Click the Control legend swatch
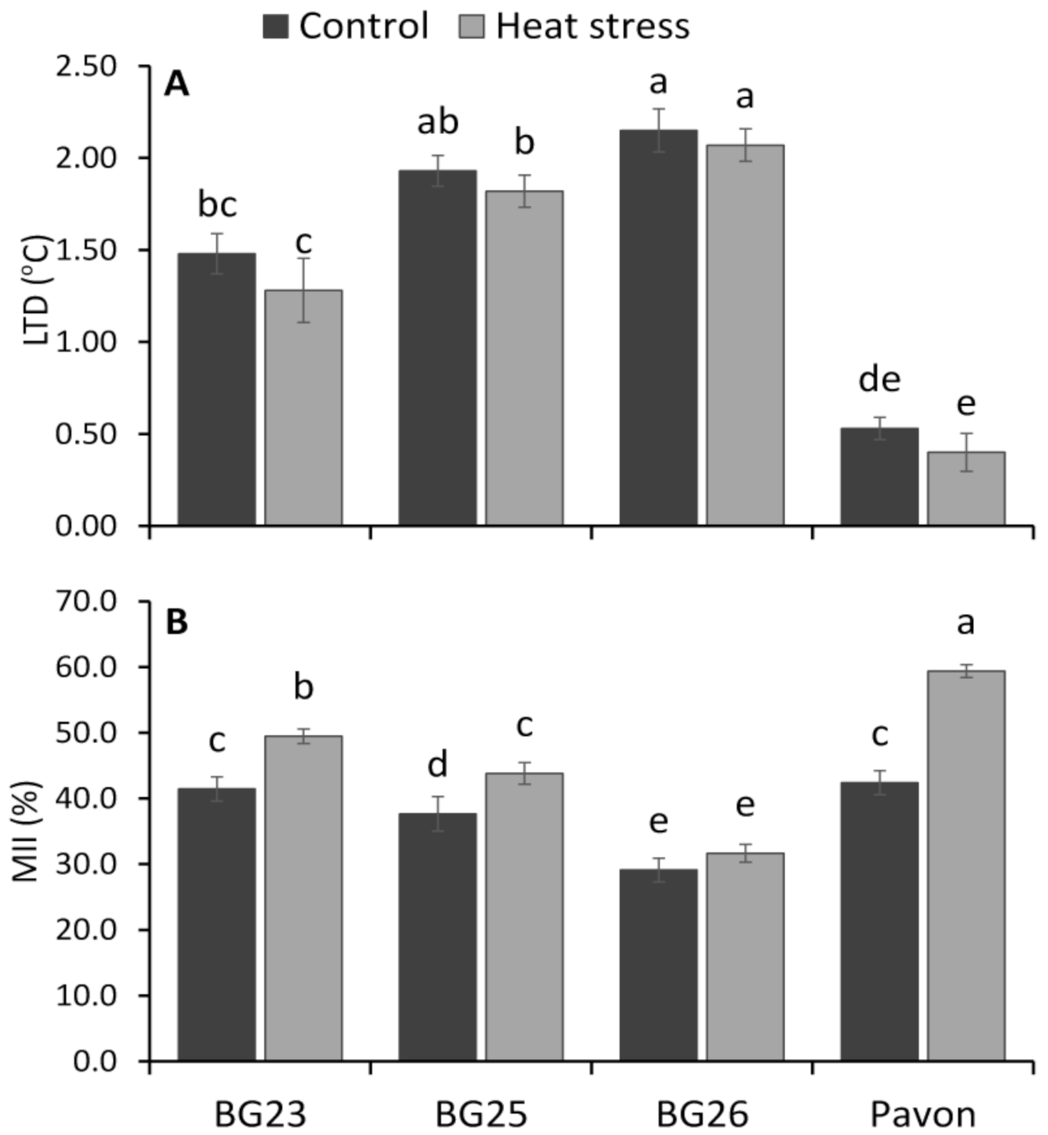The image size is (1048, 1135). pyautogui.click(x=276, y=26)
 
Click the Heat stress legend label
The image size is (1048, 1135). pyautogui.click(x=592, y=26)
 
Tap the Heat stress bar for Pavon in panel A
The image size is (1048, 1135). pyautogui.click(x=966, y=489)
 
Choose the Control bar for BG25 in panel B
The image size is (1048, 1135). pyautogui.click(x=437, y=937)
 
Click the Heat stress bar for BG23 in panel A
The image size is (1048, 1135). pyautogui.click(x=303, y=408)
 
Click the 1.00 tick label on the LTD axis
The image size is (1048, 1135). pyautogui.click(x=86, y=342)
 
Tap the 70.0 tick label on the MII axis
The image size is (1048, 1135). pyautogui.click(x=86, y=601)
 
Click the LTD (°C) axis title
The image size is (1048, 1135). pyautogui.click(x=36, y=290)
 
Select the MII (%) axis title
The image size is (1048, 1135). pyautogui.click(x=26, y=831)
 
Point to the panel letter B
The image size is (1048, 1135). pyautogui.click(x=176, y=622)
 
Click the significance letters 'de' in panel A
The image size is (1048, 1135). pyautogui.click(x=879, y=380)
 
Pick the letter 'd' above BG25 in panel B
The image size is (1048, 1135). pyautogui.click(x=437, y=765)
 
